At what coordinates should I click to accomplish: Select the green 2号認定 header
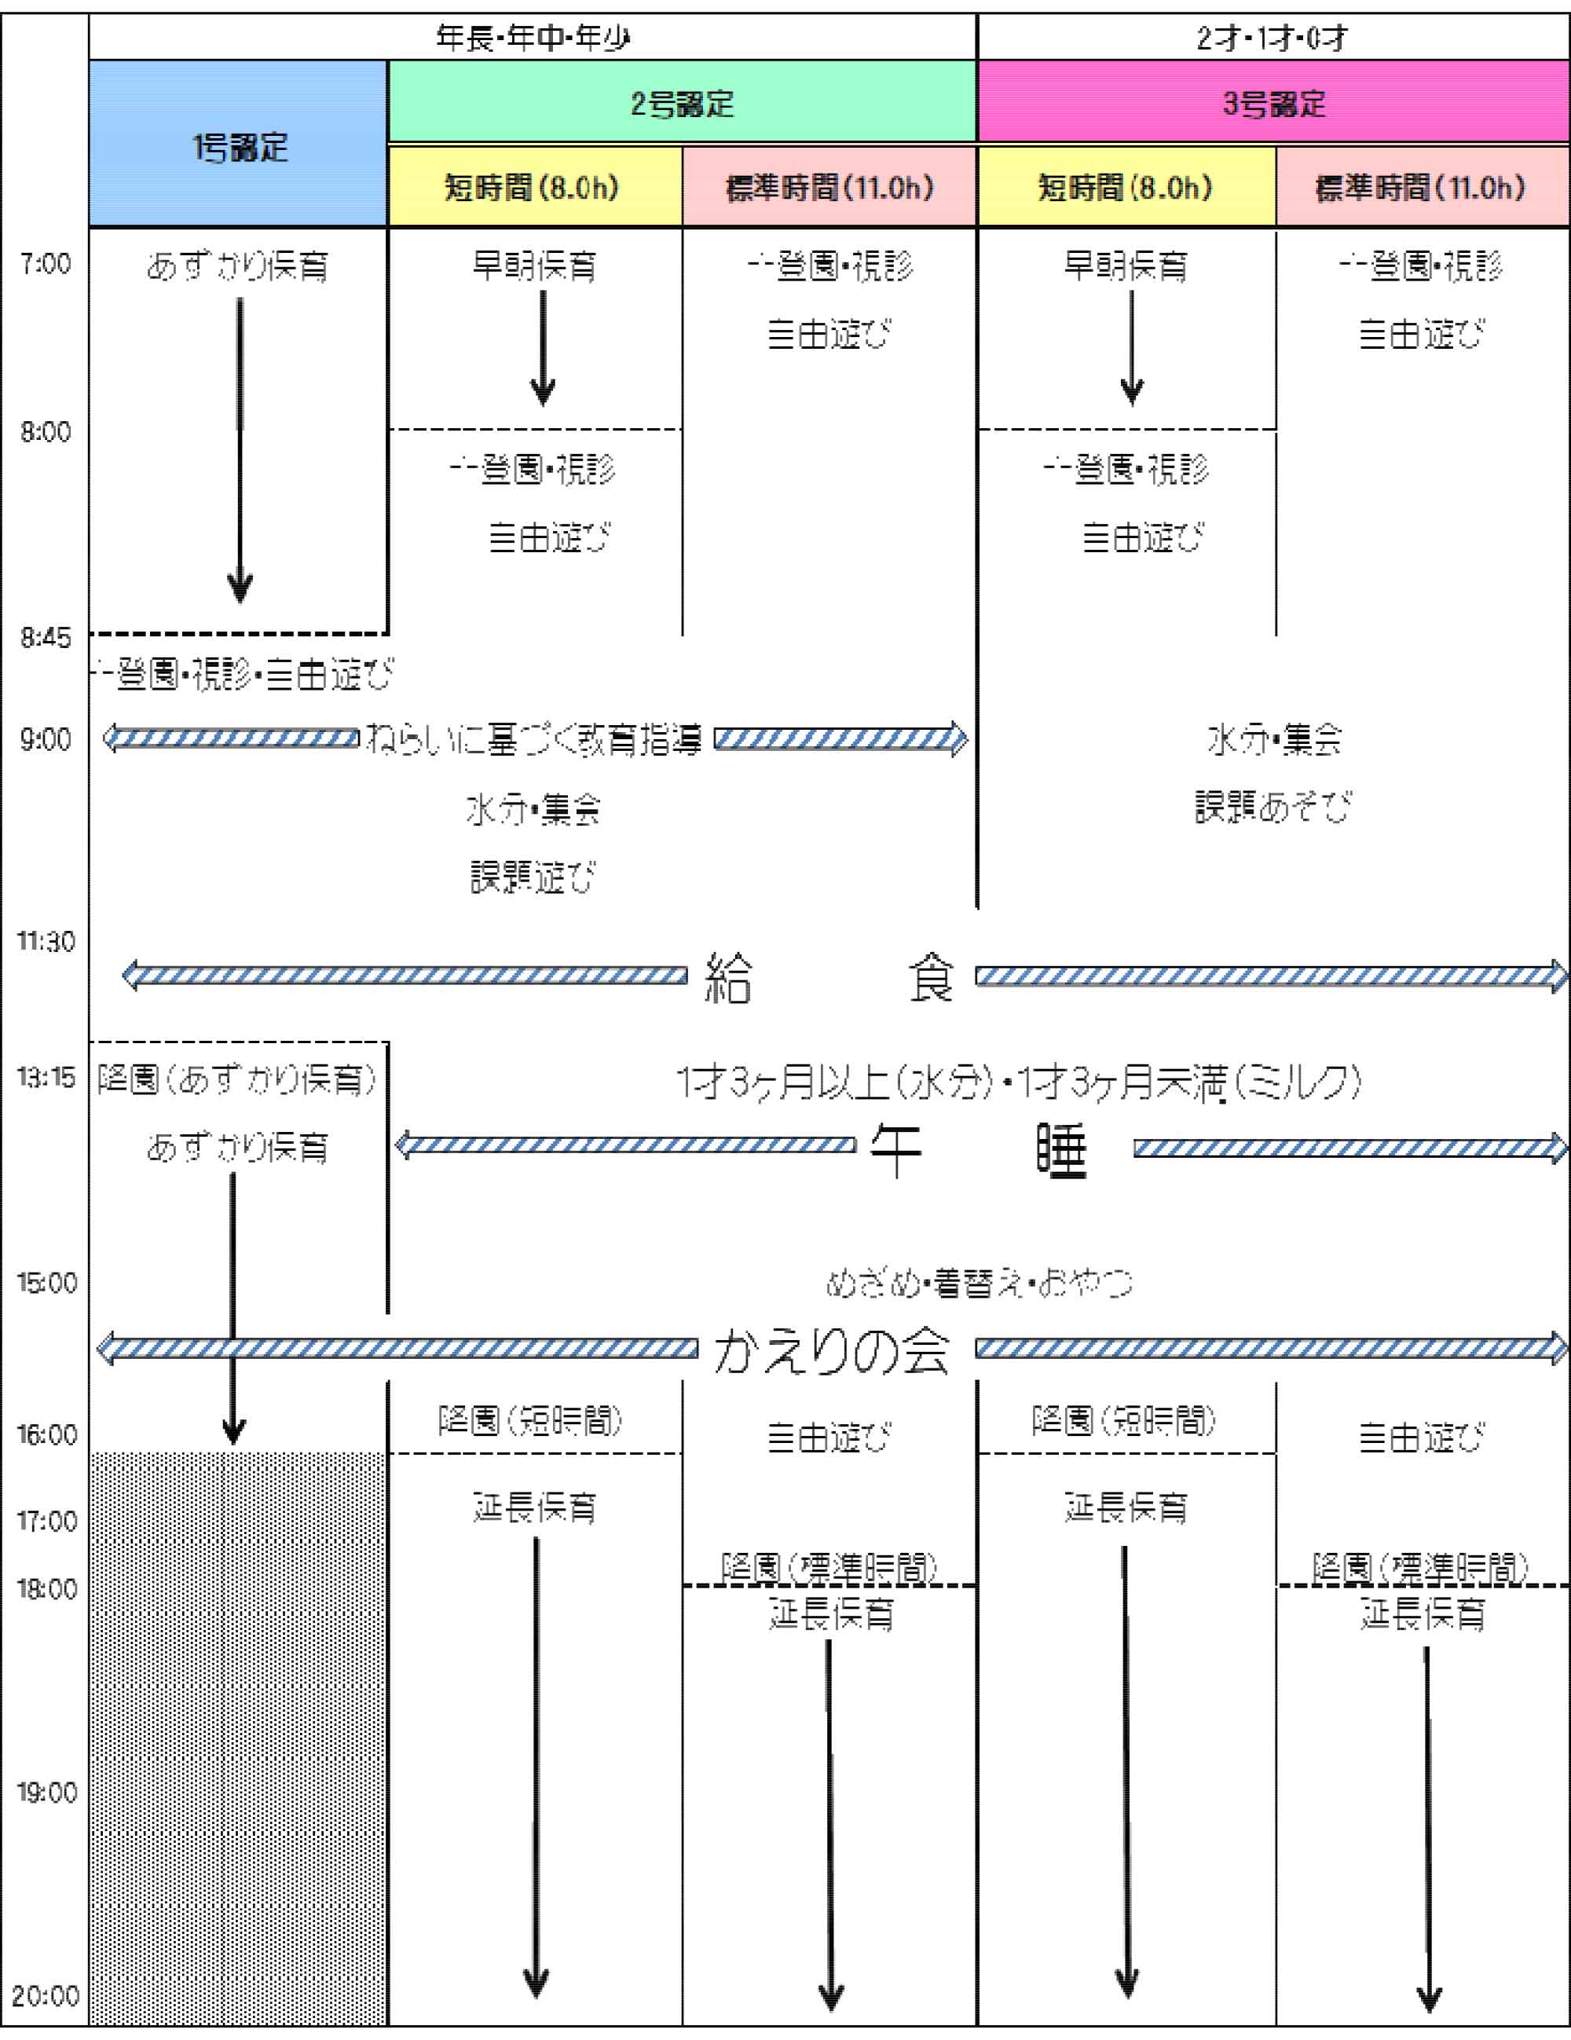[682, 103]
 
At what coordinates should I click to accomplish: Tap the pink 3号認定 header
[1274, 103]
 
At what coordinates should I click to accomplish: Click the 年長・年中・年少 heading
[533, 38]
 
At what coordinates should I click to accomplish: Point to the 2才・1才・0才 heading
[1273, 38]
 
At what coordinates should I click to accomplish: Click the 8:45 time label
[45, 638]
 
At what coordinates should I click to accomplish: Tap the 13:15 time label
[45, 1078]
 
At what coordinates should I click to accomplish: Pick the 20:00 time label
[45, 1997]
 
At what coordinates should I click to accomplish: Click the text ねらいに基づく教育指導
[533, 740]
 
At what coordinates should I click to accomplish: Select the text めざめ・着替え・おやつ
[979, 1284]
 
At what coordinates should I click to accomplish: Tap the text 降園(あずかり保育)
[237, 1080]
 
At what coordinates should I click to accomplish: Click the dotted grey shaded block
[237, 1738]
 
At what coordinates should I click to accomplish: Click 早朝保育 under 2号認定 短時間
[533, 266]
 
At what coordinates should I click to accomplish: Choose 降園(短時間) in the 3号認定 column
[1125, 1422]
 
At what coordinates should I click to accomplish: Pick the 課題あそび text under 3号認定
[1273, 807]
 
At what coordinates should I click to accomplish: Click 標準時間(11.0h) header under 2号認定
[829, 188]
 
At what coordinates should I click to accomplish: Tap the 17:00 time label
[45, 1522]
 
